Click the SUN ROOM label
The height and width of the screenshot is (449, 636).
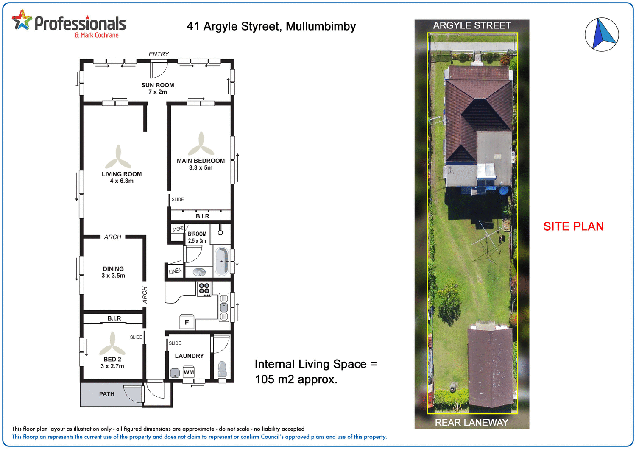pyautogui.click(x=158, y=85)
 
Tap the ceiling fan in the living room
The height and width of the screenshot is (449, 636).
pyautogui.click(x=118, y=158)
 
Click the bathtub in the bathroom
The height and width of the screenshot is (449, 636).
pyautogui.click(x=221, y=261)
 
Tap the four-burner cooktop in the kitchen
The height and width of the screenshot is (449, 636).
pyautogui.click(x=204, y=289)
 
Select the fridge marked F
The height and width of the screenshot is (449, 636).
pyautogui.click(x=187, y=322)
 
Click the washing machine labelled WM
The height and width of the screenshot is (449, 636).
pyautogui.click(x=189, y=372)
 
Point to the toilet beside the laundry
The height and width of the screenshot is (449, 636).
pyautogui.click(x=222, y=369)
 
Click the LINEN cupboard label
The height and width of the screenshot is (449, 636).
pyautogui.click(x=175, y=271)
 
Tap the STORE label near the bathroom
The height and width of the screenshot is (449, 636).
pyautogui.click(x=178, y=229)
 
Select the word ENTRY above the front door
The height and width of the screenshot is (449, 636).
pyautogui.click(x=159, y=54)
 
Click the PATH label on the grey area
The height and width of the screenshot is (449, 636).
pyautogui.click(x=107, y=394)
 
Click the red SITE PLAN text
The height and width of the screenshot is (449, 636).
pyautogui.click(x=573, y=226)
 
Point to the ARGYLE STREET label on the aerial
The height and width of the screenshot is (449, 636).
pyautogui.click(x=472, y=25)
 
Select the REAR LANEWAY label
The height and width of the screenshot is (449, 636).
pyautogui.click(x=471, y=422)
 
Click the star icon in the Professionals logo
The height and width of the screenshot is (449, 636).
pyautogui.click(x=22, y=20)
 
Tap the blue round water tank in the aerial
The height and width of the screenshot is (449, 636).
pyautogui.click(x=504, y=190)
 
